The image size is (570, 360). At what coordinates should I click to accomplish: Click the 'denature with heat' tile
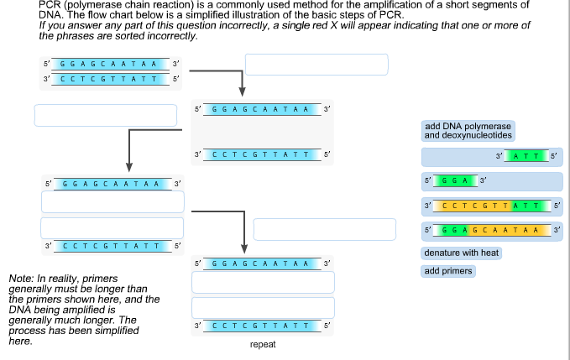point(462,253)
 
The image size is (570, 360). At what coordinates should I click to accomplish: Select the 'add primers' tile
point(448,271)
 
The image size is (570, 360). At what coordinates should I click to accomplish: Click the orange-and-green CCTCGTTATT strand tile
point(492,206)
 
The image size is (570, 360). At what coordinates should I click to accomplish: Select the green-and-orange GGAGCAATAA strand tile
point(492,230)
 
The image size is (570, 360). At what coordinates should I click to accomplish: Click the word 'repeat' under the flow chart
point(263,344)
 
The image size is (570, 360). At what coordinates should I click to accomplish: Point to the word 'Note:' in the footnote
point(20,278)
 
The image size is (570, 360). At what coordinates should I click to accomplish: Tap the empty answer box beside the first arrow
point(316,65)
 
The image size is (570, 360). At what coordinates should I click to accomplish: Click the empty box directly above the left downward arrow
point(106,115)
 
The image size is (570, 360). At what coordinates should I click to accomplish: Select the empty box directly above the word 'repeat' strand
point(263,307)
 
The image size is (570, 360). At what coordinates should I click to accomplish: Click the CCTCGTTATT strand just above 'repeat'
point(263,325)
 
